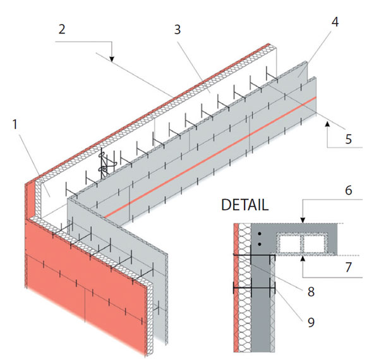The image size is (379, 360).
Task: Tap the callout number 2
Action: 61,30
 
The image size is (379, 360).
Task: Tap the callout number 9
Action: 310,321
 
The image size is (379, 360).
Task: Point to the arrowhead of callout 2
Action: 111,60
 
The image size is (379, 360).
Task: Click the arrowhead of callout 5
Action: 328,126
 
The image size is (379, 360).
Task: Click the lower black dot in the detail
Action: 260,243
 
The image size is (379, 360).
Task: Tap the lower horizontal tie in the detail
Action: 255,288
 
